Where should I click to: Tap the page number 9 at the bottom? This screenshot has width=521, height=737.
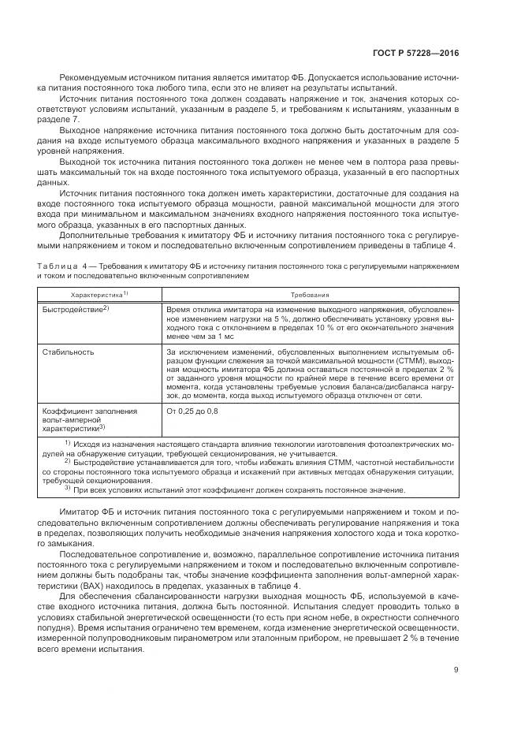coord(456,671)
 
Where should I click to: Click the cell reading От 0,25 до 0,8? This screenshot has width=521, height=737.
coord(193,411)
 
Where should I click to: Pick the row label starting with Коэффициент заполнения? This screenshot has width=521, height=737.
coord(89,411)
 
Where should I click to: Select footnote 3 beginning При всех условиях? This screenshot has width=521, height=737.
coord(236,489)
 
